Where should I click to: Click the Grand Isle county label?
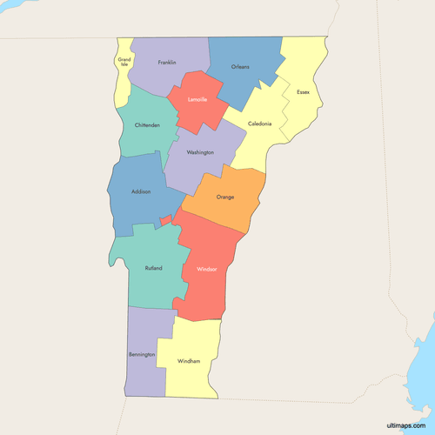(x=124, y=62)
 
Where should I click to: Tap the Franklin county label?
(x=167, y=63)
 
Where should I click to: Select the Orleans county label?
(x=241, y=67)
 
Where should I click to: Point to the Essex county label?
(x=303, y=92)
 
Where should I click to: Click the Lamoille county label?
(x=197, y=99)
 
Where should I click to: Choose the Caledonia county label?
(x=259, y=124)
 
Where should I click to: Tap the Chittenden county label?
(x=147, y=125)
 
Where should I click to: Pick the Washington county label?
(x=200, y=152)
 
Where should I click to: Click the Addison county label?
(x=141, y=191)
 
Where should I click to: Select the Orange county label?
(x=225, y=197)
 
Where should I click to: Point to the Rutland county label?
(x=153, y=268)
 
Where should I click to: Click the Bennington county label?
(x=143, y=355)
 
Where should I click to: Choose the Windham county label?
(x=189, y=361)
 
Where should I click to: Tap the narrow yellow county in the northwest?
(x=123, y=83)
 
